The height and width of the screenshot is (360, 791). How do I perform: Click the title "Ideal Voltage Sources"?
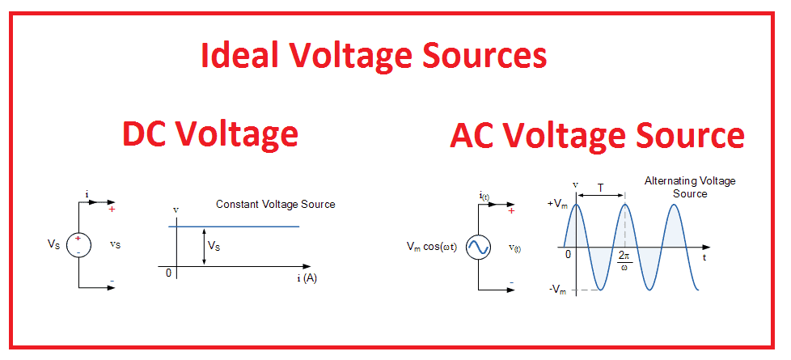373,56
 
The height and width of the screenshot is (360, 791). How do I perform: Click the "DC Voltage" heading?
210,133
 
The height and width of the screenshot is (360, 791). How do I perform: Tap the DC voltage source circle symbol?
79,244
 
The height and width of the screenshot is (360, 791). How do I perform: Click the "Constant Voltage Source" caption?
275,205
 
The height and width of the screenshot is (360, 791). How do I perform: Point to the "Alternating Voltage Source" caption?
689,187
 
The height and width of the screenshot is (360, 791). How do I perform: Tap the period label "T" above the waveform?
599,187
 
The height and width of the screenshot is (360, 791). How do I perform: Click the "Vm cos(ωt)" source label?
432,247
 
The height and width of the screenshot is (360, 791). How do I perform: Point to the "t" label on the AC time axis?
705,258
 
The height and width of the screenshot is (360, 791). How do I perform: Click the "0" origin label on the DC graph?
168,273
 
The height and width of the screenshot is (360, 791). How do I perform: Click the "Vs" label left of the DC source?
53,244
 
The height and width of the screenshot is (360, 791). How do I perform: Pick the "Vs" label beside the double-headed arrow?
214,244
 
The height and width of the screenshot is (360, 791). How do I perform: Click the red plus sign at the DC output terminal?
111,210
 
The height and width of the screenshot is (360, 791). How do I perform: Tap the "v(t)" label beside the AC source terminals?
514,248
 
